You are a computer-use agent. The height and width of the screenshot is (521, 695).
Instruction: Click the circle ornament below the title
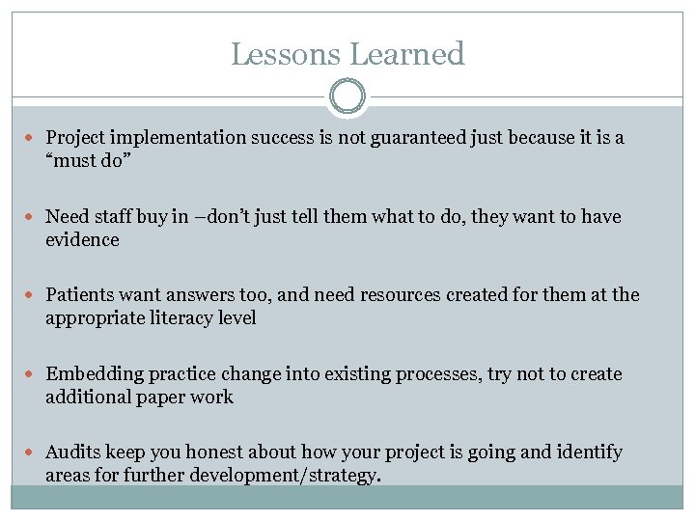click(347, 96)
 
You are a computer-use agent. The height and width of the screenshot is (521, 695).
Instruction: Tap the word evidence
click(82, 240)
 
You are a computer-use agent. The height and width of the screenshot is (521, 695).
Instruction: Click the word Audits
click(73, 452)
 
